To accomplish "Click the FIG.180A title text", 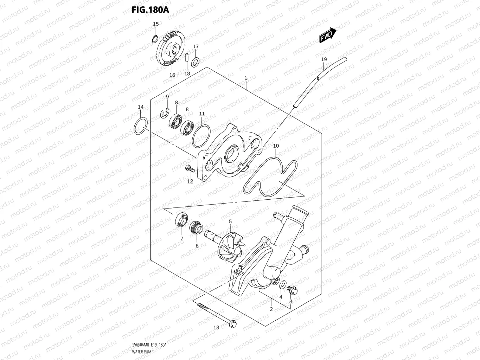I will point(150,10).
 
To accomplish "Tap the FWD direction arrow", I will point(328,36).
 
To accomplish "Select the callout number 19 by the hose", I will point(324,59).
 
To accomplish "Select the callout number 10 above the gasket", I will point(276,146).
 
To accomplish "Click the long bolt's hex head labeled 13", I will point(232,323).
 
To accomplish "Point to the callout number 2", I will point(271,309).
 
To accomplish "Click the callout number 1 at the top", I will point(246,78).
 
